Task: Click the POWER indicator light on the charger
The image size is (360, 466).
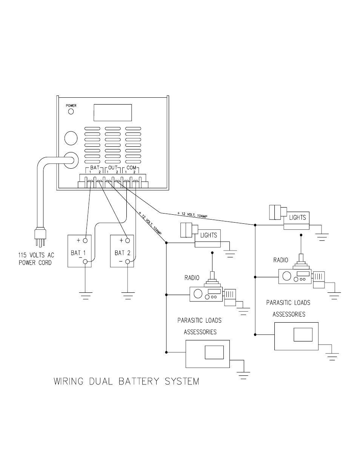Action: click(x=71, y=112)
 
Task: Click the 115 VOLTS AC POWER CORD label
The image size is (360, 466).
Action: click(x=36, y=259)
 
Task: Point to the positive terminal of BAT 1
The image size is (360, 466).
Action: click(x=86, y=240)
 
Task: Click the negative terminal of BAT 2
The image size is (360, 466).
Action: click(x=128, y=261)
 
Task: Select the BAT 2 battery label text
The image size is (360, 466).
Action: click(x=122, y=253)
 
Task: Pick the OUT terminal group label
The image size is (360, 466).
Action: click(x=113, y=168)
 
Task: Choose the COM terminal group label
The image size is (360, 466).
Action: click(x=131, y=168)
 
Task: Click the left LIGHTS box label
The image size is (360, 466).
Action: click(x=208, y=235)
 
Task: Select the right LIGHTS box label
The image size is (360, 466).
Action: click(x=297, y=218)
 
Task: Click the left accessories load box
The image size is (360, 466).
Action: click(x=207, y=354)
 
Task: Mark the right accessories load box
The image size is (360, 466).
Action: click(x=296, y=336)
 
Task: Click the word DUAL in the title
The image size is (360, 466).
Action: click(x=101, y=381)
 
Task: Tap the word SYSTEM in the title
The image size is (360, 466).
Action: click(x=182, y=381)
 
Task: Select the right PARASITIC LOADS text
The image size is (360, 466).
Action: click(x=288, y=303)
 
